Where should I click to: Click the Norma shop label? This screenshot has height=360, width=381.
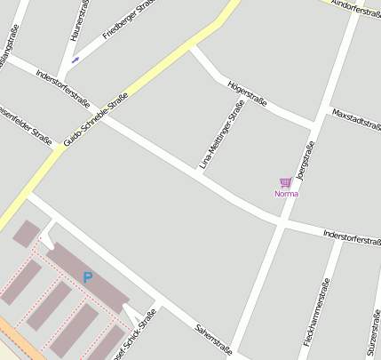pyautogui.click(x=286, y=193)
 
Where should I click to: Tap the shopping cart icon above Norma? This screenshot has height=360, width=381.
pyautogui.click(x=285, y=182)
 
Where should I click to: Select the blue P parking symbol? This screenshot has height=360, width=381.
pyautogui.click(x=87, y=277)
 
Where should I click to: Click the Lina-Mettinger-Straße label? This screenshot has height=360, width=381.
pyautogui.click(x=221, y=134)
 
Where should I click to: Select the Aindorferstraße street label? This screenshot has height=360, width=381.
pyautogui.click(x=355, y=8)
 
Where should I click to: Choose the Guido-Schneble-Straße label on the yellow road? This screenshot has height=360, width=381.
pyautogui.click(x=96, y=119)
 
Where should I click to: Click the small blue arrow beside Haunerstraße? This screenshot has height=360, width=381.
pyautogui.click(x=75, y=60)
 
